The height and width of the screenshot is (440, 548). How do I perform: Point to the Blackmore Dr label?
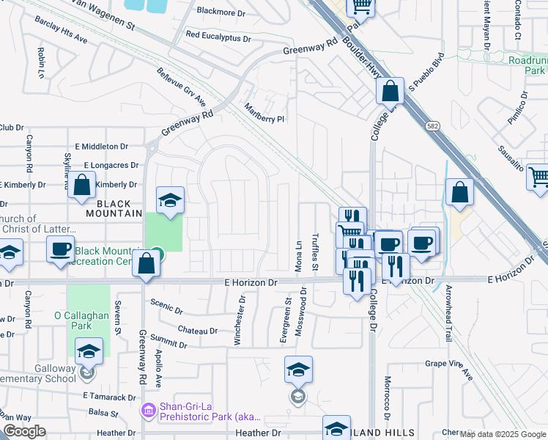coord(221,12)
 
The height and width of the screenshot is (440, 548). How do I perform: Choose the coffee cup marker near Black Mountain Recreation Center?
coord(60,249)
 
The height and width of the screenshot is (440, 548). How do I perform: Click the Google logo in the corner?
coord(24,431)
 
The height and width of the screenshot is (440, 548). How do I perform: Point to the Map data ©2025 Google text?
coord(503,434)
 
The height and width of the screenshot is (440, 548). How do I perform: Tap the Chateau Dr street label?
coord(197,331)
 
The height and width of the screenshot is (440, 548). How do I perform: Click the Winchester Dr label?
coord(239,320)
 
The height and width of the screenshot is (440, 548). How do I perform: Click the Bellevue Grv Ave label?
coord(181,86)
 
